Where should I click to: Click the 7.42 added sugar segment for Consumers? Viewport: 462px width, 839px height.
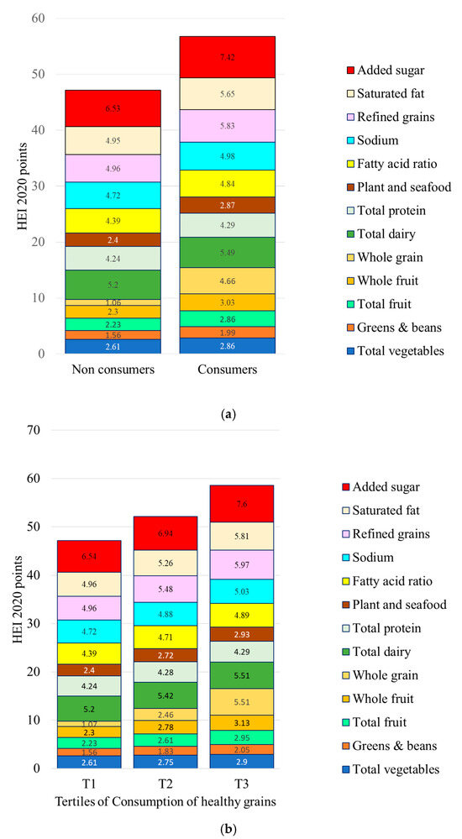click(227, 56)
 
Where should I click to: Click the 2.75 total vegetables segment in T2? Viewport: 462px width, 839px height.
click(195, 761)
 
